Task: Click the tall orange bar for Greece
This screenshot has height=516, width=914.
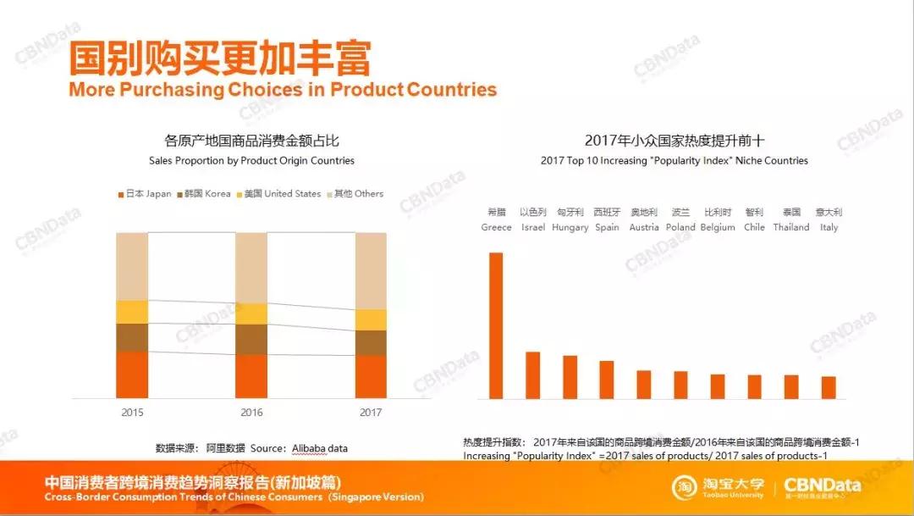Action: (x=496, y=325)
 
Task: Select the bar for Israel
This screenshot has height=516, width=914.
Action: (x=532, y=375)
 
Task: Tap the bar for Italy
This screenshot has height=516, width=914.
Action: (x=829, y=387)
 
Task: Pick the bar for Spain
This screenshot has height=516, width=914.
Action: (x=607, y=380)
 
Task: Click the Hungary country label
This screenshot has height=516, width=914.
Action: (x=570, y=227)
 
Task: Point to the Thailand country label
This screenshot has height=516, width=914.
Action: (x=791, y=227)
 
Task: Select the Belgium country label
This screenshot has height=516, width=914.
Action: (x=718, y=227)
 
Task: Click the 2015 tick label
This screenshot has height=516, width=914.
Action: (x=132, y=413)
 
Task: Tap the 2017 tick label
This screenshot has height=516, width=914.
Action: (x=371, y=413)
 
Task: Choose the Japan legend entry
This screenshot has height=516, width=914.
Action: (x=145, y=194)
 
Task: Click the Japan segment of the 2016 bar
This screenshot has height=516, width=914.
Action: (x=251, y=376)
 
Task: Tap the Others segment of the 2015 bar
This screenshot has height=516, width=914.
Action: (x=132, y=266)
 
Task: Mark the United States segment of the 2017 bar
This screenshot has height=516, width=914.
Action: (x=371, y=319)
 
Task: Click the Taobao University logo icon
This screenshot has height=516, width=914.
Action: (x=685, y=487)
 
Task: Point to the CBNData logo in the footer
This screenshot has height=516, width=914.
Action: (x=822, y=487)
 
